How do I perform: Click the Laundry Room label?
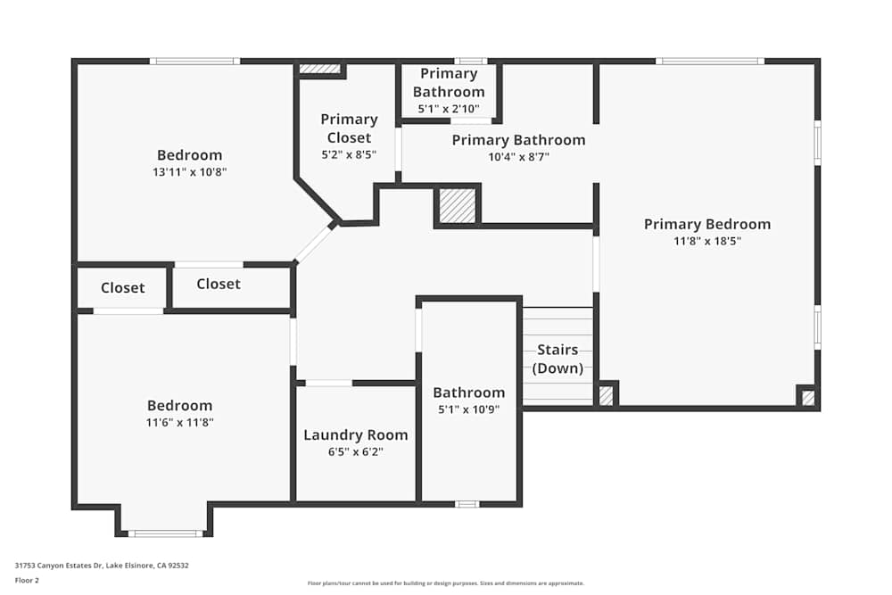[x=355, y=435]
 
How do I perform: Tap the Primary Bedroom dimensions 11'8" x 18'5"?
[x=707, y=241]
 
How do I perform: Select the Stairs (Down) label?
[x=557, y=359]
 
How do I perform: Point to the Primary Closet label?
[x=349, y=128]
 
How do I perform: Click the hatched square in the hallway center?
[x=458, y=206]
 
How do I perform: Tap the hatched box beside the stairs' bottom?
[x=606, y=395]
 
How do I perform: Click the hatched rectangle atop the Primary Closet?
[x=319, y=69]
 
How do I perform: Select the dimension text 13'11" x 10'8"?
[x=189, y=172]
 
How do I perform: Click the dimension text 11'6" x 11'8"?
[x=179, y=423]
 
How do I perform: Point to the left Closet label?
[x=122, y=288]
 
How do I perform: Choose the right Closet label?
[x=219, y=284]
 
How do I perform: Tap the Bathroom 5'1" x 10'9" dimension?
[x=468, y=409]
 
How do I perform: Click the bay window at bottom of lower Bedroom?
[x=165, y=533]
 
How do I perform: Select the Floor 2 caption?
[x=27, y=580]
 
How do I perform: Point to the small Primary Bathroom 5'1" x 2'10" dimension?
[x=449, y=109]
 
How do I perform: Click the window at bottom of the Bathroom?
[x=467, y=504]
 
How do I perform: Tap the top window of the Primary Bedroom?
[x=710, y=62]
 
